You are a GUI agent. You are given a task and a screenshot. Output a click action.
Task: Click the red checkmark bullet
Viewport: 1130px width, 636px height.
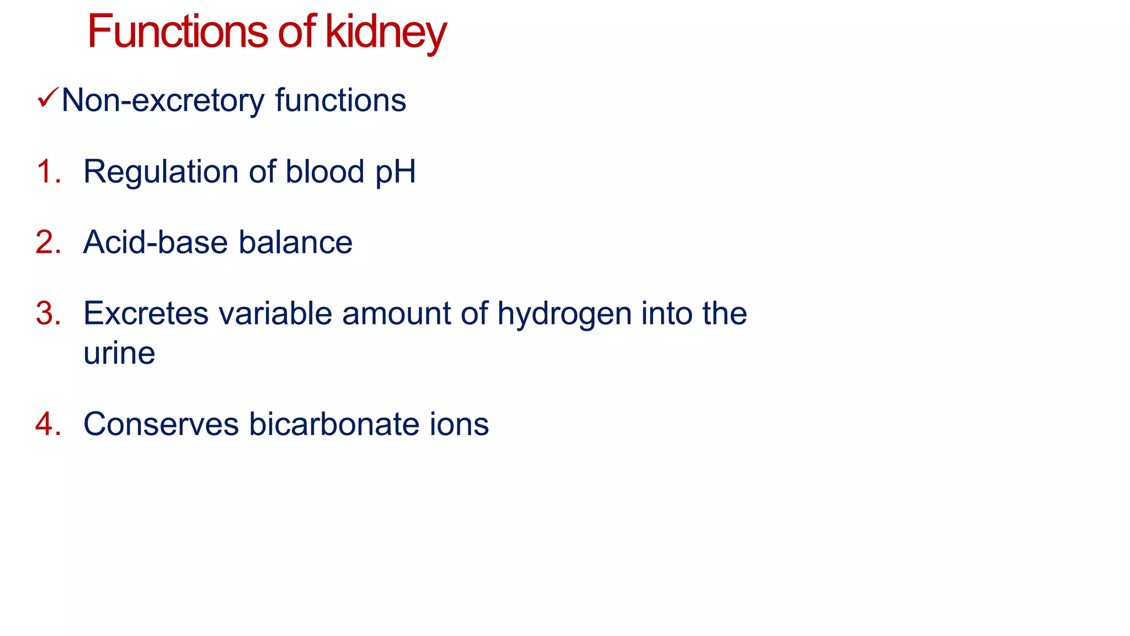point(48,98)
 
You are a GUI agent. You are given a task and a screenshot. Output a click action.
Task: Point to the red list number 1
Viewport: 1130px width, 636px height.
point(47,171)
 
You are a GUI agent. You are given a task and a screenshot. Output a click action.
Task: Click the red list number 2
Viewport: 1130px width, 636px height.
point(47,242)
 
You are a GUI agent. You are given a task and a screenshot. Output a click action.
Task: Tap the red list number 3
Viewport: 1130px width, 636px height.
point(47,313)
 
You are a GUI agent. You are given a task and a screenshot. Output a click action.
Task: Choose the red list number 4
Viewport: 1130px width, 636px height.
point(47,424)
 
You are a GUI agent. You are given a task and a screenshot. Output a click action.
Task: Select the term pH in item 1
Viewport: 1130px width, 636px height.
point(396,172)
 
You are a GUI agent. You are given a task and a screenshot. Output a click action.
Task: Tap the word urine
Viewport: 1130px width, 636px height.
point(119,353)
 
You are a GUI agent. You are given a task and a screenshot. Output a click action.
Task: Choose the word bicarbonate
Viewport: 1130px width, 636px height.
point(334,424)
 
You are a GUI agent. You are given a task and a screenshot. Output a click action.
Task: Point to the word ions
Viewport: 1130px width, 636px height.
point(459,424)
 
